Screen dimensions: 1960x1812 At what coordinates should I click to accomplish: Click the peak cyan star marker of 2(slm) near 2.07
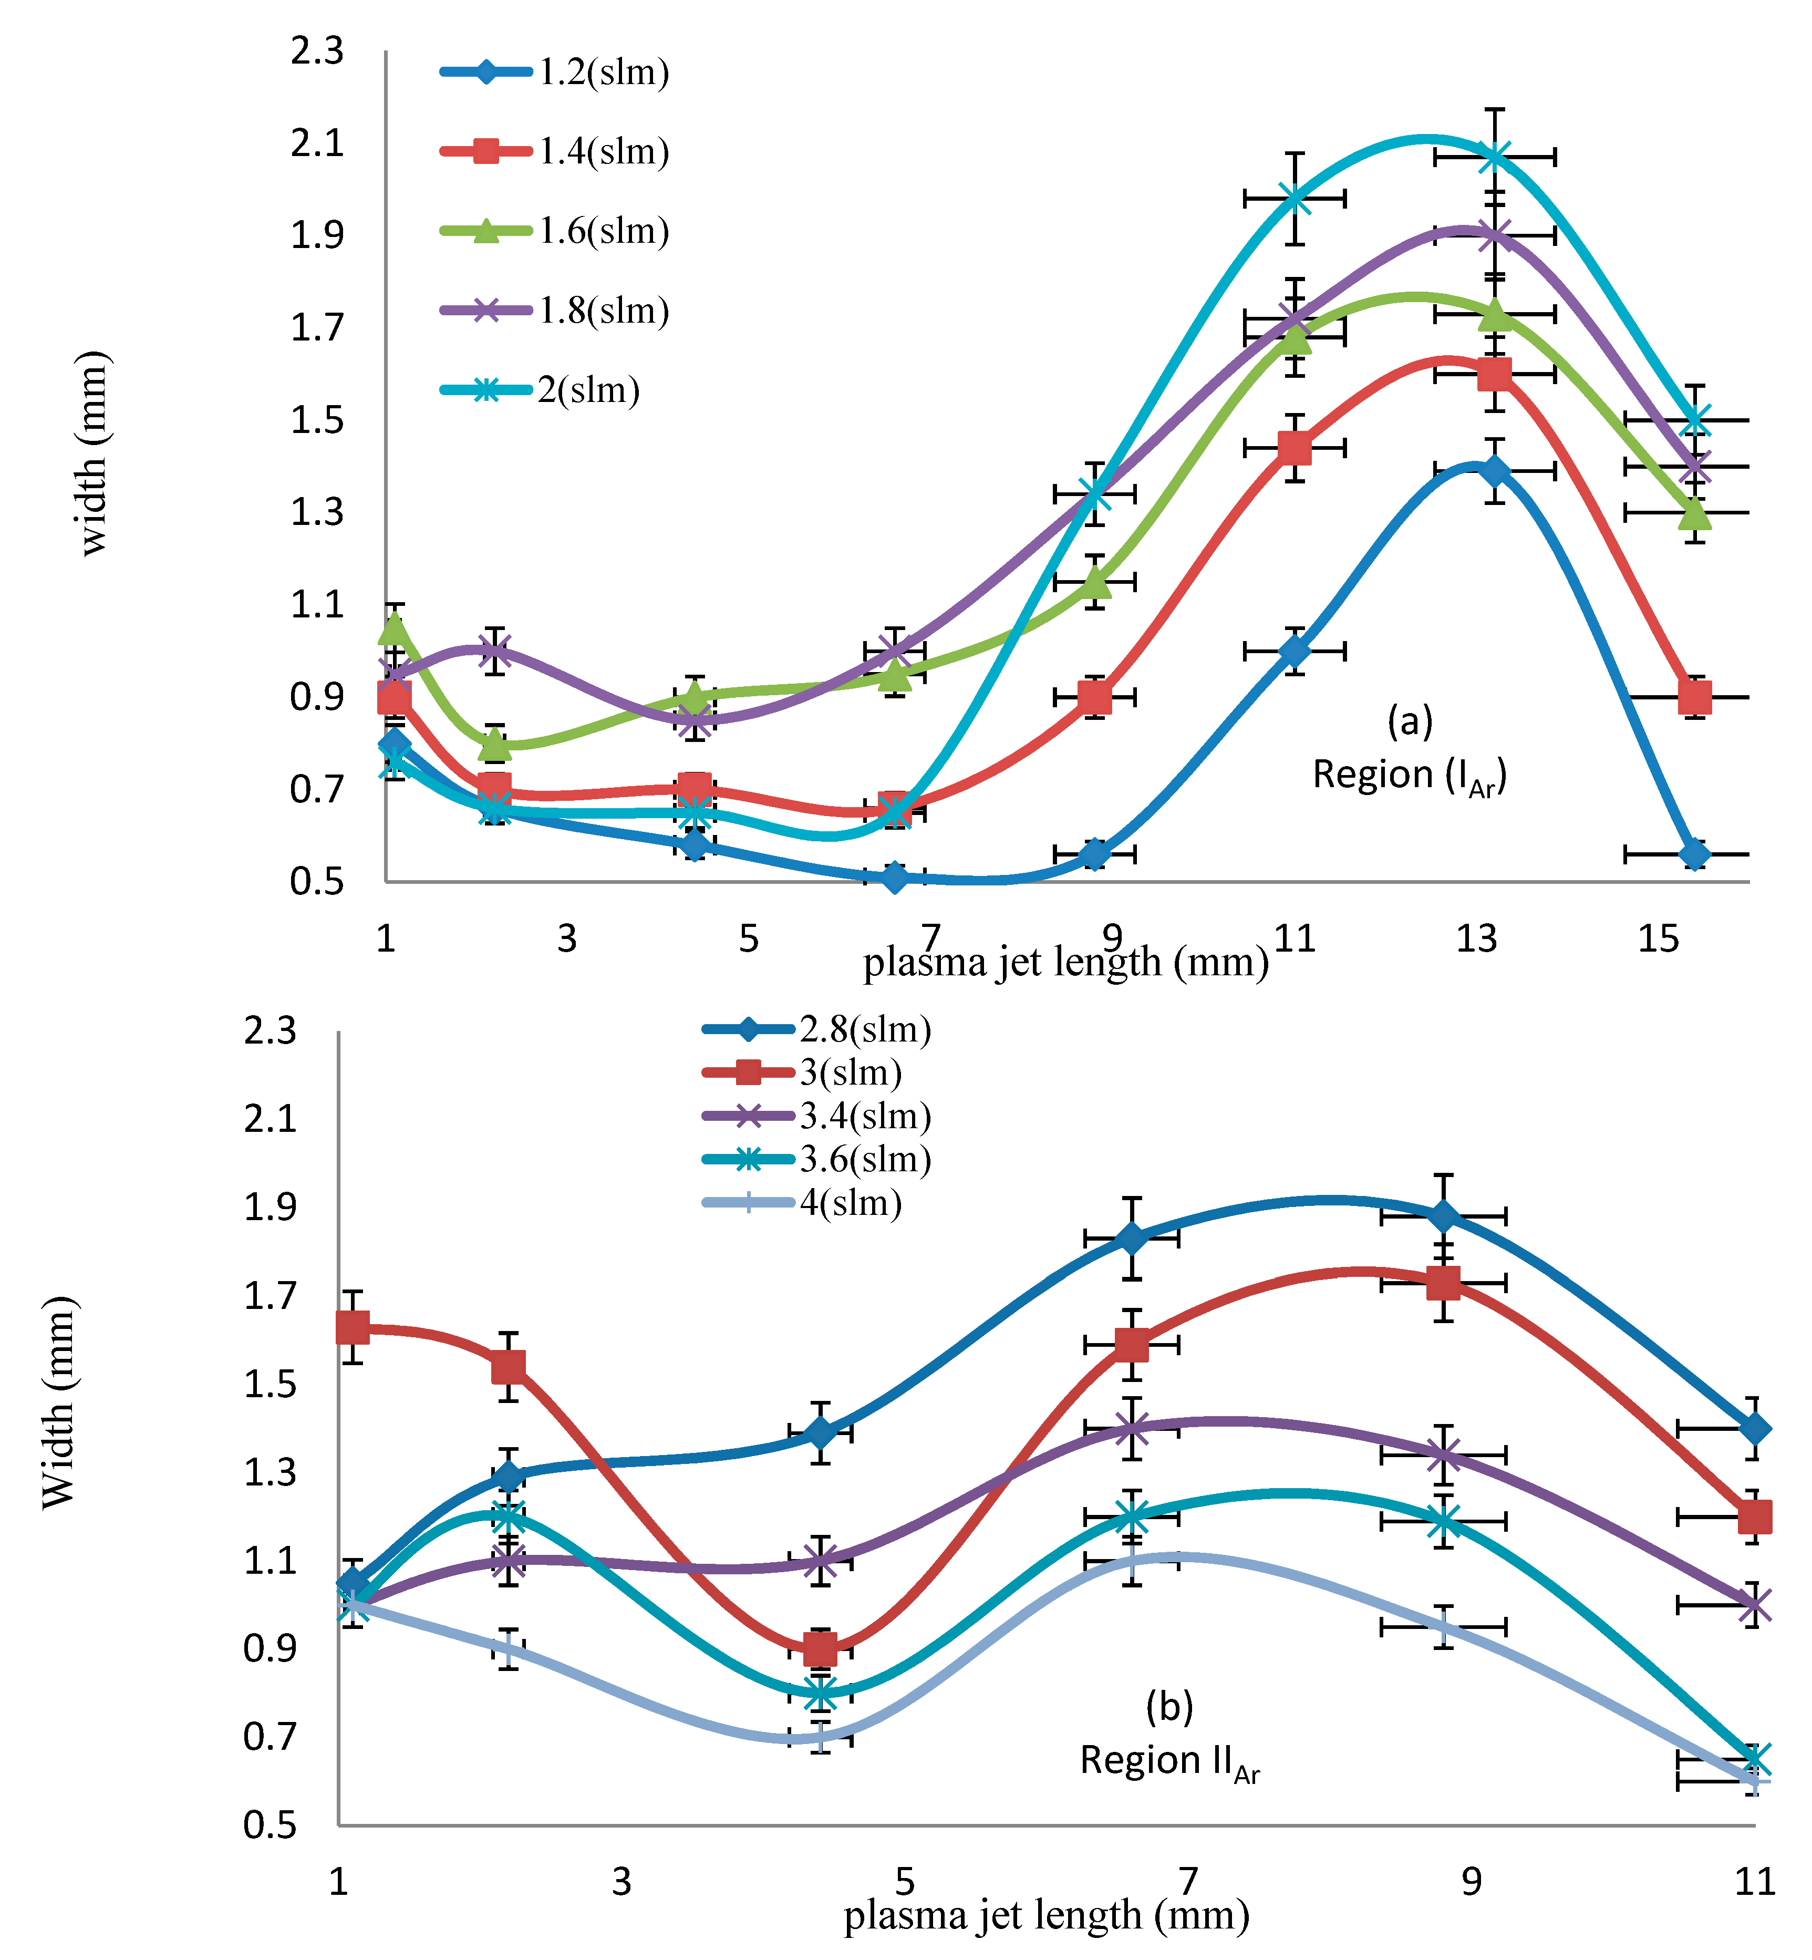pyautogui.click(x=1494, y=156)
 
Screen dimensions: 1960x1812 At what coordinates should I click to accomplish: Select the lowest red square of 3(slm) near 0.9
pyautogui.click(x=820, y=1650)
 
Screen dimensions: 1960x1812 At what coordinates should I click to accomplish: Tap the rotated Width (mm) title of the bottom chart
pyautogui.click(x=59, y=1402)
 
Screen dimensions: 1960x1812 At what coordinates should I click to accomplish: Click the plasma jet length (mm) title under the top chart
pyautogui.click(x=1066, y=962)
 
